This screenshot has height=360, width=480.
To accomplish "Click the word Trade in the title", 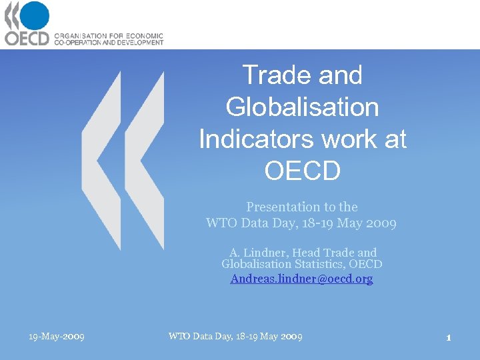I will point(274,75).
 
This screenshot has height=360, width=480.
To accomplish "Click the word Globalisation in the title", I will point(302,107).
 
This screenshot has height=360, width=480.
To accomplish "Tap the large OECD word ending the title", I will point(302,171).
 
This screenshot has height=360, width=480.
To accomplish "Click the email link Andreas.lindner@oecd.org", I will point(301,279).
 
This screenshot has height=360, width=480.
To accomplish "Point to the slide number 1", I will point(449,337).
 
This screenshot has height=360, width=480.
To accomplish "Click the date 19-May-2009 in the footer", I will point(56,337).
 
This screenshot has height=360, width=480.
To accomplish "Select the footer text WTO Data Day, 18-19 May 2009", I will point(235,337).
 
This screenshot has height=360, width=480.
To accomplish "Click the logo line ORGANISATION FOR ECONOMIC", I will point(108,35).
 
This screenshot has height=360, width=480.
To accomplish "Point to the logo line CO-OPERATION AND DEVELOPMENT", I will point(108,42).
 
